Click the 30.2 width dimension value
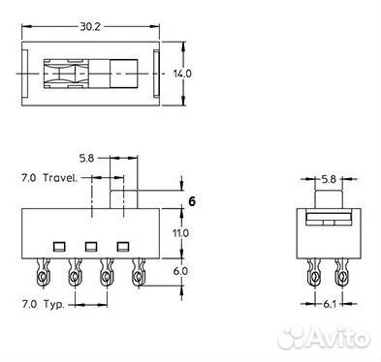pos(90,27)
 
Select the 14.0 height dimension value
pos(182,74)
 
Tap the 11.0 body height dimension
pos(180,233)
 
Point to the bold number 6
pos(192,201)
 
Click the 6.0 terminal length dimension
pos(180,271)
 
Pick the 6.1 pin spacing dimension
pos(330,304)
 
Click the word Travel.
pos(60,178)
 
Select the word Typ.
pos(54,304)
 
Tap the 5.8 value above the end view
pos(329,179)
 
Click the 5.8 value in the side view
pos(86,158)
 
